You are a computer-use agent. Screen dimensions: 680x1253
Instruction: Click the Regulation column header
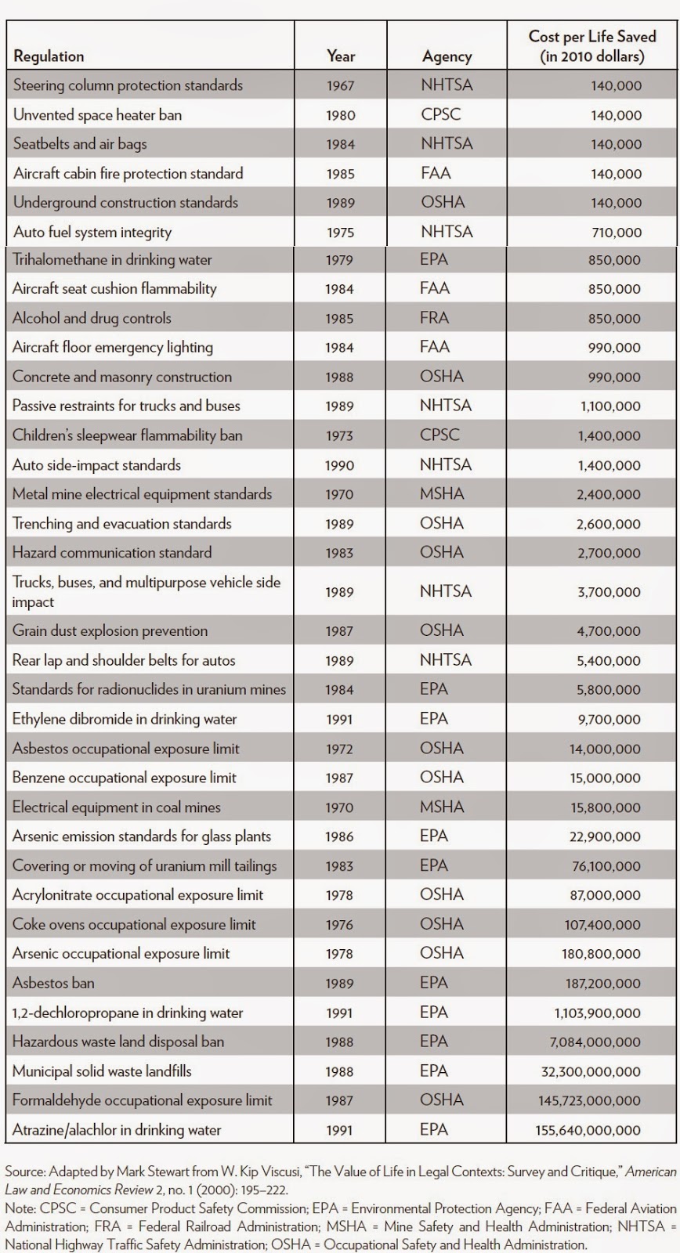(49, 56)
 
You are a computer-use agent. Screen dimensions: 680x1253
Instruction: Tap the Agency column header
(447, 56)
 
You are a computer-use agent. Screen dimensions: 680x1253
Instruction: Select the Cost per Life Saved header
(592, 46)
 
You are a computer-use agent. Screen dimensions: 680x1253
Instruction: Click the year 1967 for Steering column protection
(340, 85)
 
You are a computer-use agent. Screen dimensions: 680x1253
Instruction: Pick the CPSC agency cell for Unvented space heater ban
(441, 114)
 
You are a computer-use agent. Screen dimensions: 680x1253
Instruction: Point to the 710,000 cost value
(617, 232)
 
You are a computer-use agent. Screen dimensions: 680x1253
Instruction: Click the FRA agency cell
(435, 318)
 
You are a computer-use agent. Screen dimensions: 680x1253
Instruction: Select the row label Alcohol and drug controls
(92, 318)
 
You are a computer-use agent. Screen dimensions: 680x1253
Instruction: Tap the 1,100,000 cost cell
(610, 406)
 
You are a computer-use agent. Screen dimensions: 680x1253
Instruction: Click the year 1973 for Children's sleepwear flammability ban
(340, 435)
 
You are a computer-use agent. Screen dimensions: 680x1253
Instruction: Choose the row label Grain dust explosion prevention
(110, 631)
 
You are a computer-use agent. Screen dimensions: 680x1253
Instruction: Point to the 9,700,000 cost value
(609, 719)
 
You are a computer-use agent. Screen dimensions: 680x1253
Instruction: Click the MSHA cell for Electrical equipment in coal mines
(442, 807)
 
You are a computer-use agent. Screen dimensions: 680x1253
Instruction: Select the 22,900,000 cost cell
(606, 836)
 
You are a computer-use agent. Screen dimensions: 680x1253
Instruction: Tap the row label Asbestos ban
(54, 983)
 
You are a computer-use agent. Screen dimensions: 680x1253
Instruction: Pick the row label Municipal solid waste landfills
(102, 1071)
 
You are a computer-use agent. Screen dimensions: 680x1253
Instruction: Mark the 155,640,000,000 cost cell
(588, 1130)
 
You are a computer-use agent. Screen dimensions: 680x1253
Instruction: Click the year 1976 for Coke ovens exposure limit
(340, 925)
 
